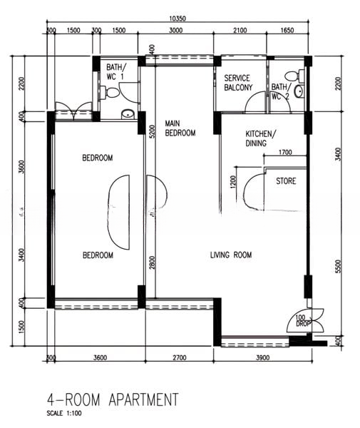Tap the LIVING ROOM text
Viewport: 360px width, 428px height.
(x=230, y=255)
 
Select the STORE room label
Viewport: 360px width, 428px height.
(x=286, y=181)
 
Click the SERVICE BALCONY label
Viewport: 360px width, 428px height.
(x=238, y=83)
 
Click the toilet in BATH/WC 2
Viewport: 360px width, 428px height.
(x=298, y=91)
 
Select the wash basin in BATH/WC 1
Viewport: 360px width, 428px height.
(x=127, y=113)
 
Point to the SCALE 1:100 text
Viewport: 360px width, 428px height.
(x=65, y=414)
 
